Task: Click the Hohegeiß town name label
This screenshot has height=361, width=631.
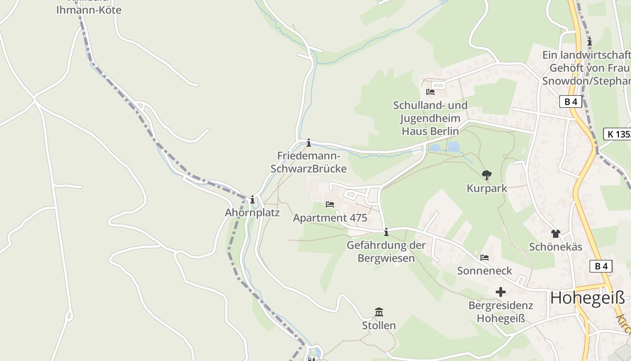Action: pos(588,298)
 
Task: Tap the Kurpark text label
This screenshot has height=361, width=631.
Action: pos(487,189)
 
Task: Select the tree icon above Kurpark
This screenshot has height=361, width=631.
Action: pos(487,175)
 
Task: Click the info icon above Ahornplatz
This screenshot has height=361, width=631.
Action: pos(252,199)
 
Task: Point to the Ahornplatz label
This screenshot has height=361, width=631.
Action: pos(252,213)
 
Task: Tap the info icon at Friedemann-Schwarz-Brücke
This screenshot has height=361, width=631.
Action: pos(309,143)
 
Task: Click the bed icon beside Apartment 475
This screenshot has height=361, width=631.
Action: pos(330,204)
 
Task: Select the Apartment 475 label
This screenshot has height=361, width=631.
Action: pos(330,218)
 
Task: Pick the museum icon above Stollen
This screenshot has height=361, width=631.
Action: pos(379,312)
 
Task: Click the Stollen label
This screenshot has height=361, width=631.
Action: pos(379,325)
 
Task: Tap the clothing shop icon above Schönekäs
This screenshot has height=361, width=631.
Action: pos(555,233)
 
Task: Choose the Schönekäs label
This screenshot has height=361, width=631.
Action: pos(556,247)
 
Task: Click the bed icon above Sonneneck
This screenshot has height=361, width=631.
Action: pos(485,258)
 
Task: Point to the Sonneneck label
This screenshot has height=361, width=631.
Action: pos(485,271)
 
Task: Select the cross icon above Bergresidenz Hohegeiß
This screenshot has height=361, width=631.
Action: pos(501,292)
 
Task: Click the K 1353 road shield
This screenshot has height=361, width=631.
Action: pos(617,134)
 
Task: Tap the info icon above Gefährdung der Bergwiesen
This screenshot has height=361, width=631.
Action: pos(386,232)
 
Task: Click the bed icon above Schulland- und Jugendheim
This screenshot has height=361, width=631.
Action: pos(430,92)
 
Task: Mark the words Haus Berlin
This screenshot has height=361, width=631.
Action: pos(430,131)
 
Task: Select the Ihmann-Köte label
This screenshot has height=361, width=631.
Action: pos(89,10)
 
